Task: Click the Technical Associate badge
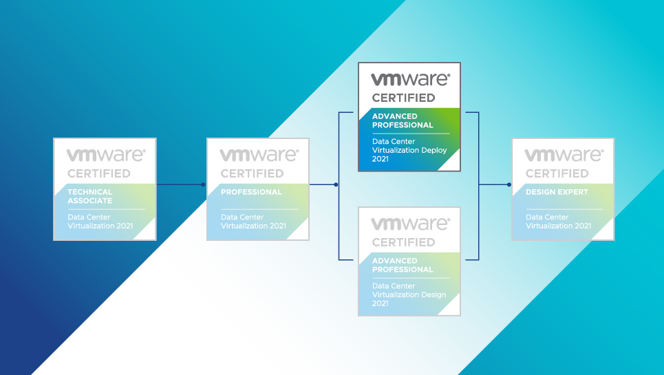click(x=105, y=189)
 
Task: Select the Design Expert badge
click(x=563, y=189)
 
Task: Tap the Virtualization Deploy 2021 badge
click(x=409, y=117)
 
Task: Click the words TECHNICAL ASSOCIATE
click(x=90, y=196)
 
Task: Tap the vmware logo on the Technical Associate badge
click(x=105, y=156)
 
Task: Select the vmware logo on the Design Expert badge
click(x=564, y=156)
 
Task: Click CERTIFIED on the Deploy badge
click(x=403, y=98)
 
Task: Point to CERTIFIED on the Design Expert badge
click(x=557, y=173)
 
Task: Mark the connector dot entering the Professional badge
click(x=203, y=184)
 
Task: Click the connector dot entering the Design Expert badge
click(x=508, y=184)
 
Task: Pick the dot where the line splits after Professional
click(x=336, y=184)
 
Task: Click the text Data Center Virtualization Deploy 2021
click(x=409, y=150)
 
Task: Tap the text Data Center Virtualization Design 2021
click(x=409, y=294)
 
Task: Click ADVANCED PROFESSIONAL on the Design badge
click(x=403, y=265)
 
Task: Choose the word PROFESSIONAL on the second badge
click(x=251, y=192)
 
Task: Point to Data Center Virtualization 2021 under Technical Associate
click(x=100, y=222)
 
